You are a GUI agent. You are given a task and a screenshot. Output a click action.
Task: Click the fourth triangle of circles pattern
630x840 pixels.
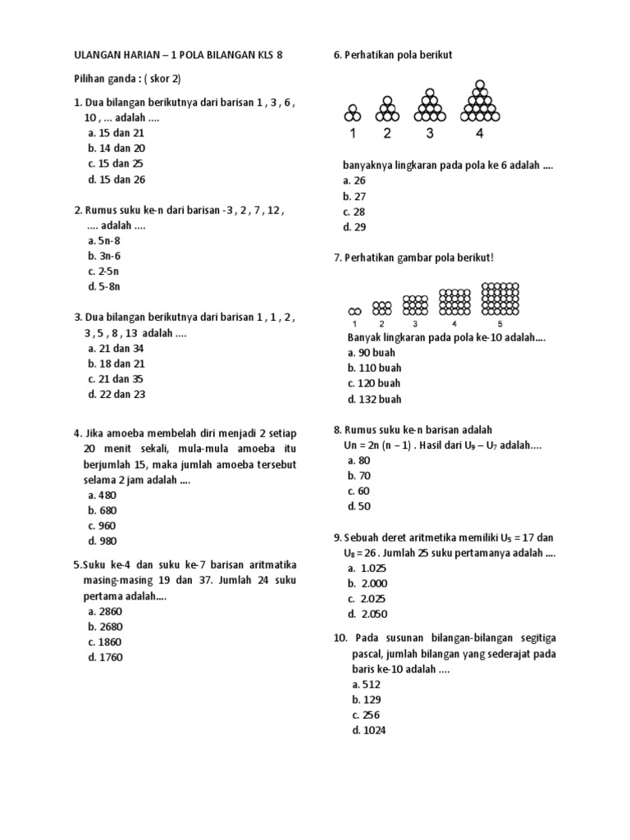click(480, 102)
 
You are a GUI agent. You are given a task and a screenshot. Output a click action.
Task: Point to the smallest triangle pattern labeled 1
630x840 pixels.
click(352, 112)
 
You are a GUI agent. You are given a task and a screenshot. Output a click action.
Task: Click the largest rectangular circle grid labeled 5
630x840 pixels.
click(500, 299)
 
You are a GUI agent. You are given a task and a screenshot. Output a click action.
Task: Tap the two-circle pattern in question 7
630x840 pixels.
click(354, 311)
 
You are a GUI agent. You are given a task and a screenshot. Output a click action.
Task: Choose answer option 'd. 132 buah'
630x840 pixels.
click(374, 399)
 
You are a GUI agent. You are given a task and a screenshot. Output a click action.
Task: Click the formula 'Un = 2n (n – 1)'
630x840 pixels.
click(383, 445)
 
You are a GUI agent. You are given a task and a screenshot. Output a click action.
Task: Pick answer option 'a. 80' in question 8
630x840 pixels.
click(359, 460)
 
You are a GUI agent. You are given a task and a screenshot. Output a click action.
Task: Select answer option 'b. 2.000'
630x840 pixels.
click(367, 583)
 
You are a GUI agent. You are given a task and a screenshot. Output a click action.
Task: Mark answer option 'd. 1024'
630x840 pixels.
click(368, 730)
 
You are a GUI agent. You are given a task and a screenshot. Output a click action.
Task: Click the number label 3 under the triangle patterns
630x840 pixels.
click(428, 133)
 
